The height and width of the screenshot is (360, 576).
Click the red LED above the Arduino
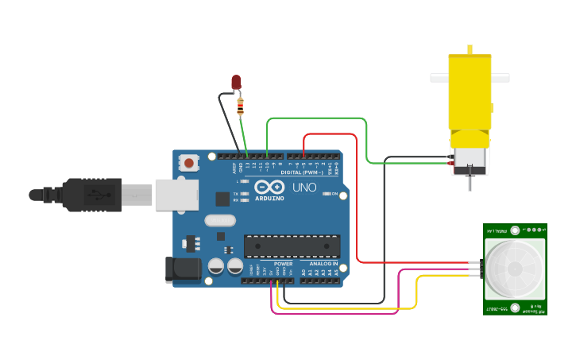click(x=236, y=82)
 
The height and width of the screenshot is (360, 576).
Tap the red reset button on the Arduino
click(x=189, y=163)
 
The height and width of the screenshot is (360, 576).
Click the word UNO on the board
click(x=305, y=188)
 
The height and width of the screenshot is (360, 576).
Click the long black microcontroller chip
click(x=292, y=246)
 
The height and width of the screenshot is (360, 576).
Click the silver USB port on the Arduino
click(x=175, y=195)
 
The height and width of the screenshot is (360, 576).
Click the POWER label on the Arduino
click(x=284, y=263)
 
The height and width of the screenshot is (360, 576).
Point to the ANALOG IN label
click(x=323, y=263)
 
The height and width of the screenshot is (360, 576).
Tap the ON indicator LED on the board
click(x=334, y=194)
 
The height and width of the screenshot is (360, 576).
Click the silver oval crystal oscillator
click(x=220, y=221)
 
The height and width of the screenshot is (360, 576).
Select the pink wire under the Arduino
click(x=334, y=313)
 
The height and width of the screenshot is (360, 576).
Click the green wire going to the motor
click(x=318, y=118)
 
